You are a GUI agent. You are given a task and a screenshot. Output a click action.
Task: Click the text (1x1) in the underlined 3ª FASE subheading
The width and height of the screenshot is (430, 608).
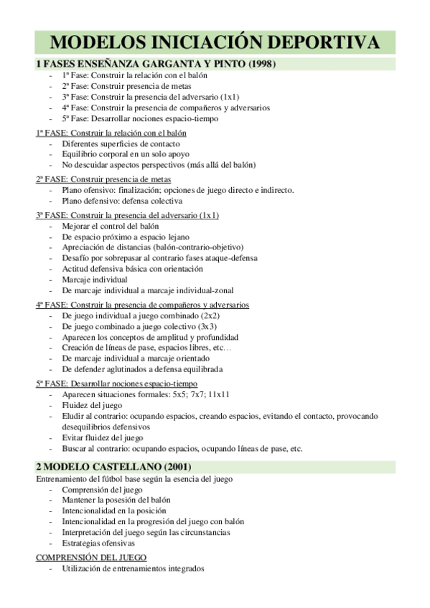click(210, 215)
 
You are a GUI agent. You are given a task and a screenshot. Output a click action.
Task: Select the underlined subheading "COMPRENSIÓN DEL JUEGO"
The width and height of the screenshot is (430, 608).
click(91, 557)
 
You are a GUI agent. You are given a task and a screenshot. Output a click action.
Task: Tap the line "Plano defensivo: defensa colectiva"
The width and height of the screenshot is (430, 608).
click(122, 201)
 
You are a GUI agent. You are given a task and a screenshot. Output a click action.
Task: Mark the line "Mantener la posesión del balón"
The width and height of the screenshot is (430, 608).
click(116, 500)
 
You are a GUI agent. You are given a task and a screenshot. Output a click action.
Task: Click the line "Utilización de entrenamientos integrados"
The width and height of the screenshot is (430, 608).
click(133, 568)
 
